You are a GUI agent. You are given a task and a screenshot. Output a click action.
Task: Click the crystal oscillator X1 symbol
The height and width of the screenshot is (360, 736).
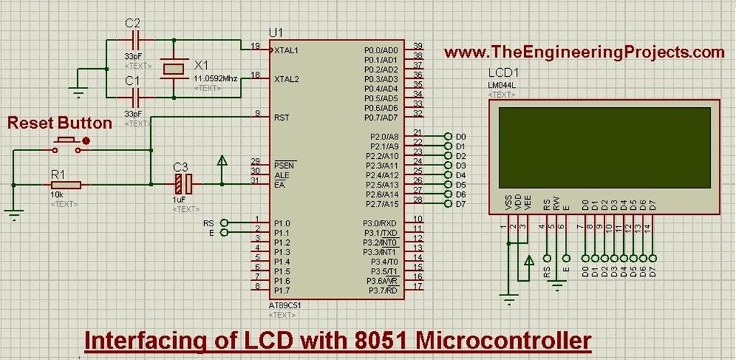pyautogui.click(x=173, y=68)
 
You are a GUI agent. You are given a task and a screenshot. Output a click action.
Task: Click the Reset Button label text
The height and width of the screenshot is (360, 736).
pyautogui.click(x=60, y=124)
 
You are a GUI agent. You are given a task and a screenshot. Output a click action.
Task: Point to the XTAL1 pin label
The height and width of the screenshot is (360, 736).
pyautogui.click(x=286, y=50)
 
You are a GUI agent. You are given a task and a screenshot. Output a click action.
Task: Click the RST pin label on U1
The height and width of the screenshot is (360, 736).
pyautogui.click(x=281, y=116)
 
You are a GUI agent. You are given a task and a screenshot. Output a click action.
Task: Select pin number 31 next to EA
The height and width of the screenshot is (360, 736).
pyautogui.click(x=254, y=180)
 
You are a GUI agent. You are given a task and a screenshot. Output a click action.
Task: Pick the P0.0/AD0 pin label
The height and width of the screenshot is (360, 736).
pyautogui.click(x=381, y=50)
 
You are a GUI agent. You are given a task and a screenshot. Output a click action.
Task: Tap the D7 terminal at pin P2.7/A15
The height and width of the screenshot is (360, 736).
pyautogui.click(x=450, y=204)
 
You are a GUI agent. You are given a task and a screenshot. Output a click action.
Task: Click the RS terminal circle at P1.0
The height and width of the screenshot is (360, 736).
pyautogui.click(x=224, y=223)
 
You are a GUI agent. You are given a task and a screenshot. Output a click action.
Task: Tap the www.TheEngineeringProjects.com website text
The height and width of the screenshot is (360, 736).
pyautogui.click(x=584, y=52)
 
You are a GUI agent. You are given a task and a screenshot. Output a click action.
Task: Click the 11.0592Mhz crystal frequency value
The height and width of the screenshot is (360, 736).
pyautogui.click(x=216, y=78)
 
